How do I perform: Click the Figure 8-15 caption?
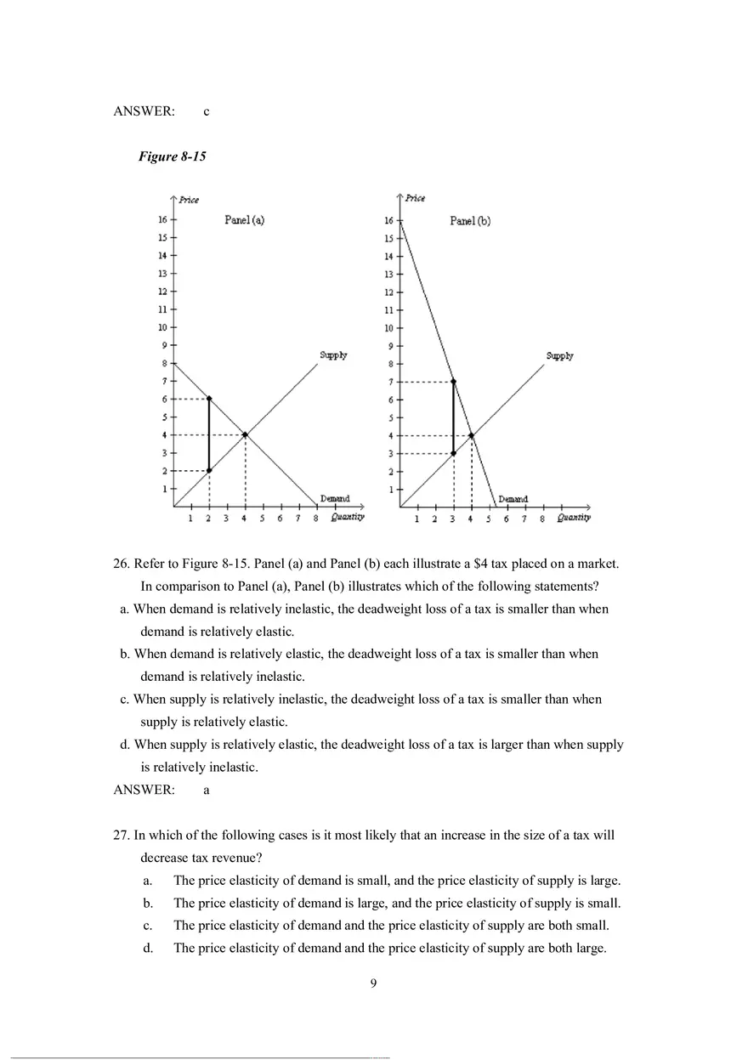click(172, 157)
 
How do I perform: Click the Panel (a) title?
click(244, 219)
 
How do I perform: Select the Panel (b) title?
click(469, 221)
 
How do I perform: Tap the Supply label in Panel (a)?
click(333, 354)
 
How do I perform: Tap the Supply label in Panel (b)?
click(559, 356)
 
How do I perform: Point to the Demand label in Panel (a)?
click(334, 498)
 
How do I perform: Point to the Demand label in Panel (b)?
click(513, 499)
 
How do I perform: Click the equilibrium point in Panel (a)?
click(245, 434)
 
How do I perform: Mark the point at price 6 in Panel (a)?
click(209, 398)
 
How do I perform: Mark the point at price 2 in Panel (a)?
click(209, 470)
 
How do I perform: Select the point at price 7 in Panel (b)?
click(453, 382)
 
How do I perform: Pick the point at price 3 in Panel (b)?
click(453, 453)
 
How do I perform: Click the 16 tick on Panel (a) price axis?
click(161, 219)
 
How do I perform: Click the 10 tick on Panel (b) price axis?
click(388, 328)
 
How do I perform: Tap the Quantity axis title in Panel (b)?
click(574, 517)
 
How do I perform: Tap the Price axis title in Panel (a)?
click(189, 200)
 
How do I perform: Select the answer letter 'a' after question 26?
click(207, 790)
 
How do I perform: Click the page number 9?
click(373, 984)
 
